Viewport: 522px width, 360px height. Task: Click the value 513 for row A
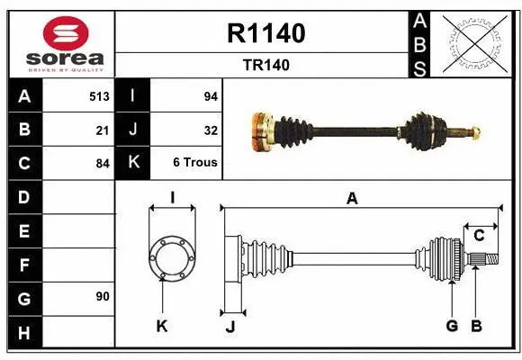pyautogui.click(x=99, y=95)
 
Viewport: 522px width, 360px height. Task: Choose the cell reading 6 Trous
pyautogui.click(x=195, y=163)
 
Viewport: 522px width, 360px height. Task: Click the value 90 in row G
pyautogui.click(x=103, y=296)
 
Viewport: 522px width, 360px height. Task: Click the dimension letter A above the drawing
pyautogui.click(x=352, y=199)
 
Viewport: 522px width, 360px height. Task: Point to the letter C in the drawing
pyautogui.click(x=479, y=236)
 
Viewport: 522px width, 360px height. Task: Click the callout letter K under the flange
pyautogui.click(x=162, y=327)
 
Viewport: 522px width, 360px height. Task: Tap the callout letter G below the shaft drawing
pyautogui.click(x=452, y=326)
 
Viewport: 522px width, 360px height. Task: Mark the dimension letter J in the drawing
pyautogui.click(x=229, y=327)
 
